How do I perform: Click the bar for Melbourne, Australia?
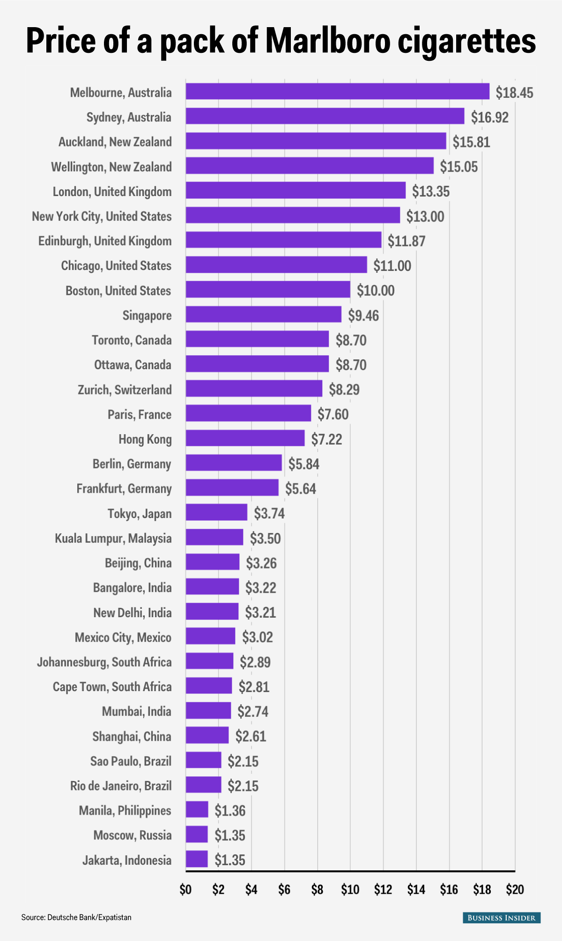[337, 91]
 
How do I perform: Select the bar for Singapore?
[263, 314]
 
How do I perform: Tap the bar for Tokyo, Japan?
[216, 512]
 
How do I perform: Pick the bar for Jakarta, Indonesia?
[197, 859]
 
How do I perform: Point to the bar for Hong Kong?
[245, 438]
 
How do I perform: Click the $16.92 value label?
[489, 117]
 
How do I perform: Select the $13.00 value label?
[425, 216]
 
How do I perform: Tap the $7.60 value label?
[333, 414]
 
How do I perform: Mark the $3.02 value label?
[257, 637]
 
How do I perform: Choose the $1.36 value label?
[230, 810]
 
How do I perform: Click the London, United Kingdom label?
[112, 191]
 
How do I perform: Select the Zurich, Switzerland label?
[125, 389]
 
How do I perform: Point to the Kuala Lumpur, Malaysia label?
[113, 538]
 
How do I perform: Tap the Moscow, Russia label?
[133, 835]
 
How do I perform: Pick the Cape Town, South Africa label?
[112, 686]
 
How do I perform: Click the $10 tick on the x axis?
[350, 890]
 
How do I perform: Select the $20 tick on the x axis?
[515, 890]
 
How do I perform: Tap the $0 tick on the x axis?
[185, 890]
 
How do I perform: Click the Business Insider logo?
[502, 918]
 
